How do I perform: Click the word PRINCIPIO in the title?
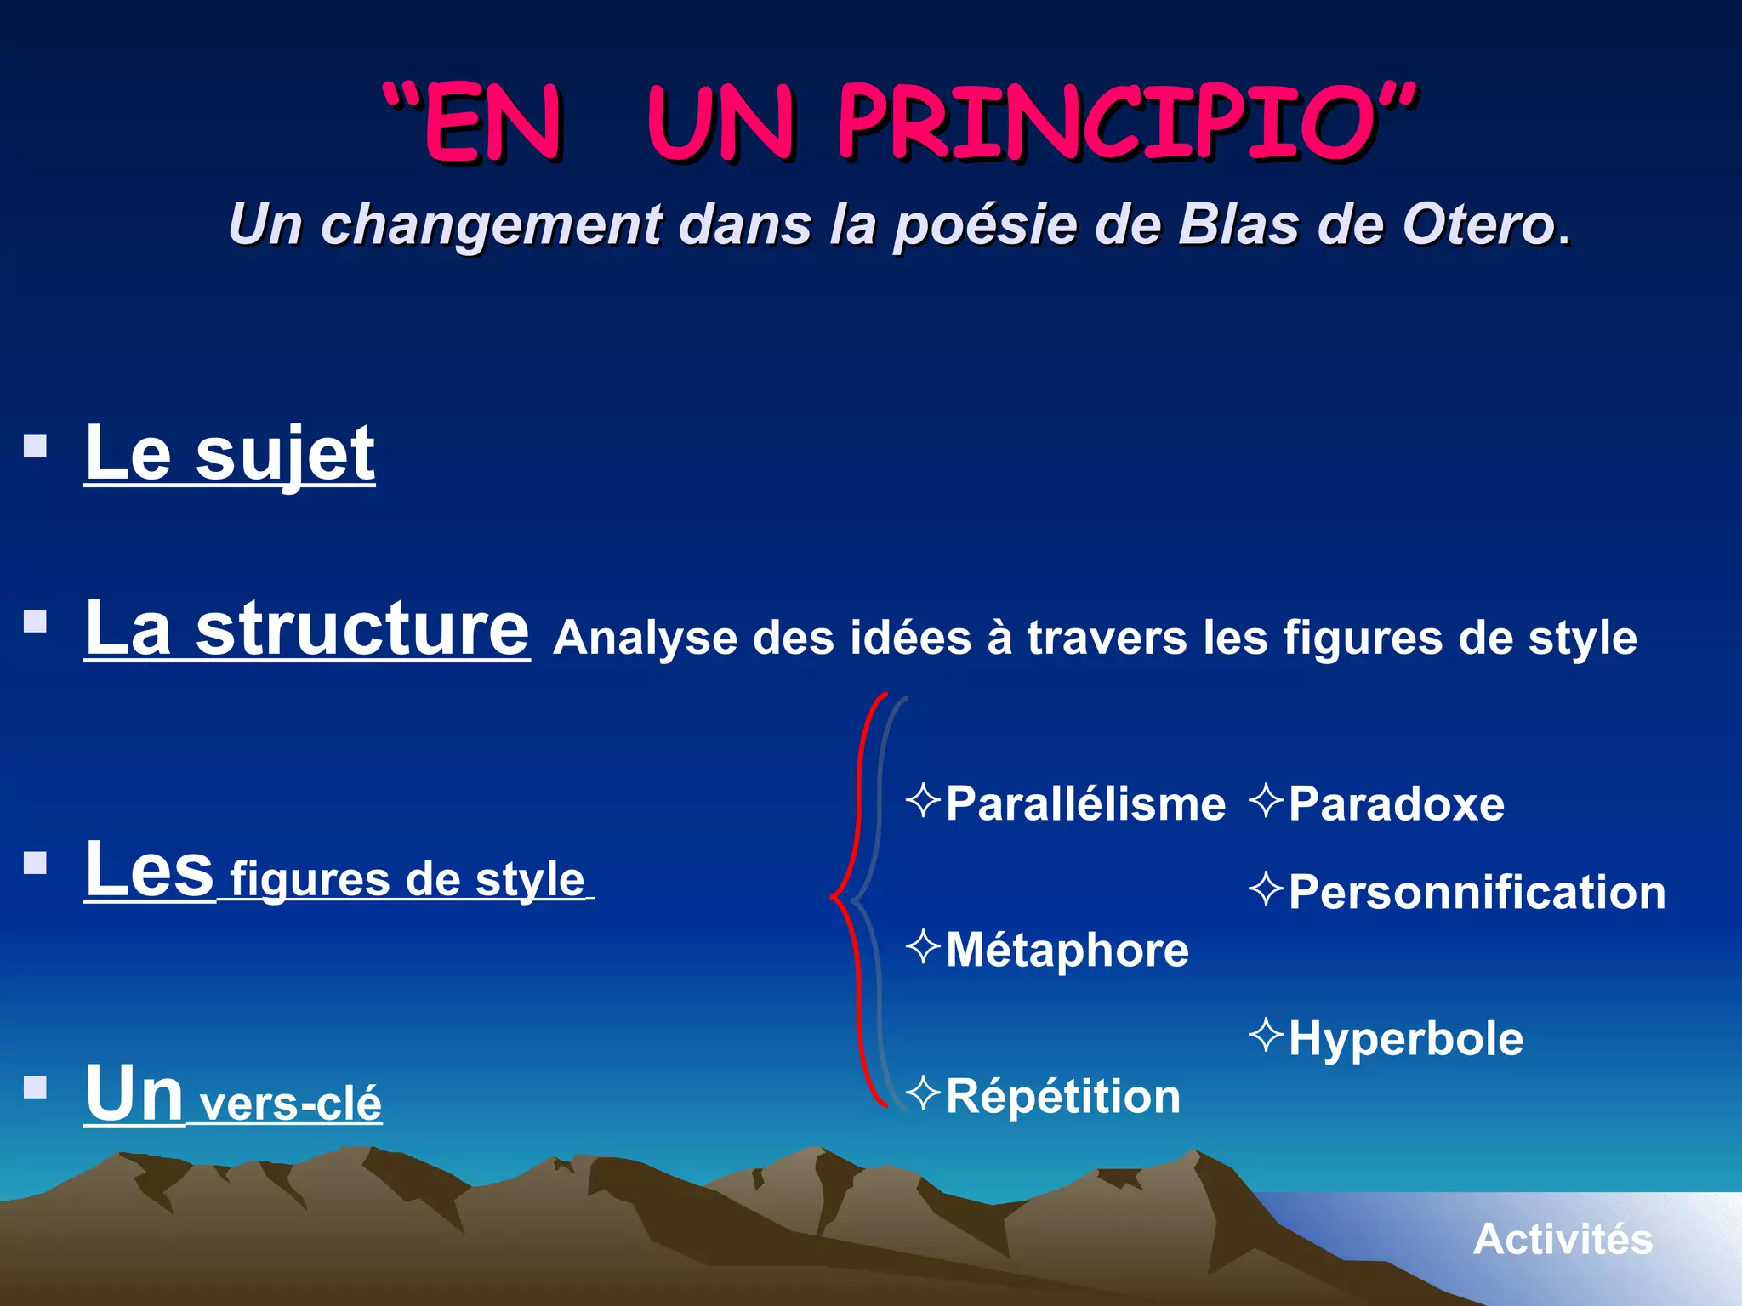[1106, 123]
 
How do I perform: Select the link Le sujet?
[230, 455]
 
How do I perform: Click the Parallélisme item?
[1084, 804]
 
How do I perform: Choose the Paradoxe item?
[1395, 804]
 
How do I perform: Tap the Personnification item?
[1476, 893]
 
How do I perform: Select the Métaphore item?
[1067, 951]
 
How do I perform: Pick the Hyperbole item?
[1405, 1039]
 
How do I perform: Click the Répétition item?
[1062, 1097]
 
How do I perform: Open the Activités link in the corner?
[1563, 1240]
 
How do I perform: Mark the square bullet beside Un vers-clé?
[36, 1087]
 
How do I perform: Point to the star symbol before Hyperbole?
[1266, 1035]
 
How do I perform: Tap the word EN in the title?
[493, 123]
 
